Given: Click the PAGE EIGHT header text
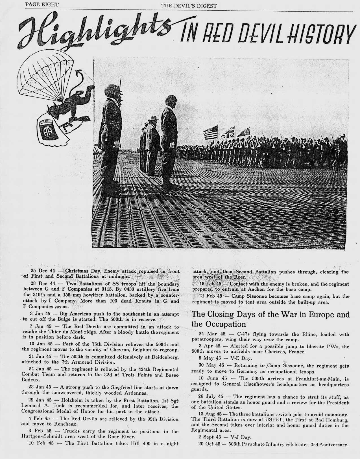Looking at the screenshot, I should (42, 4).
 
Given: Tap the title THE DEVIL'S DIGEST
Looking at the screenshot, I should (189, 6).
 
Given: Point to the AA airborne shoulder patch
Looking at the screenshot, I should (46, 130).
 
